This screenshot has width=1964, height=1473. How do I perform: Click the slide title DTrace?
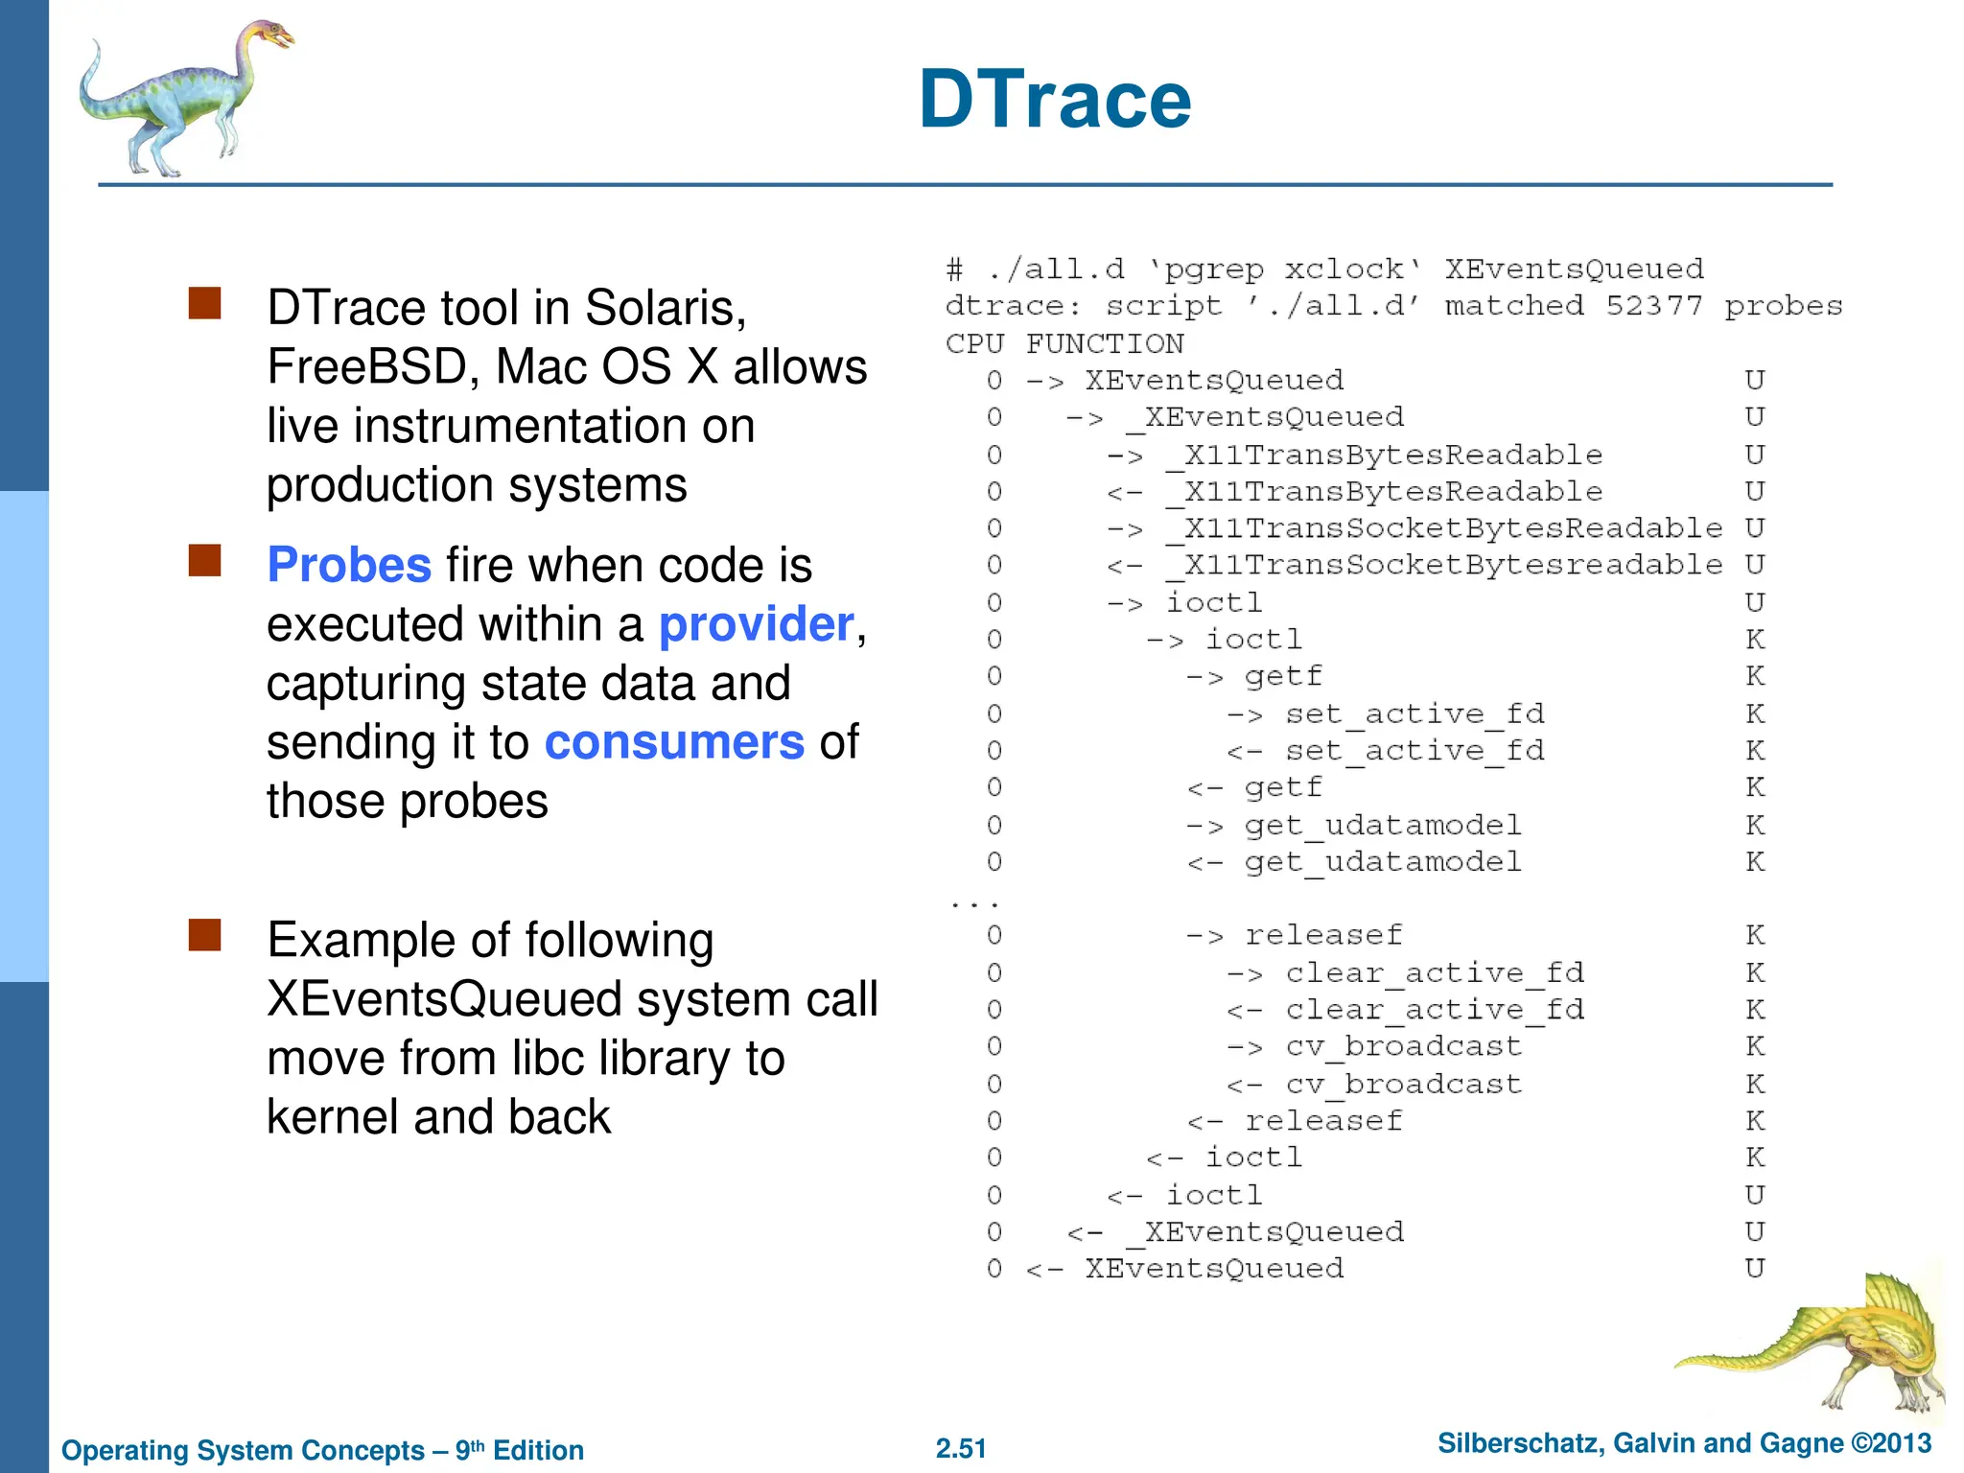(x=1055, y=100)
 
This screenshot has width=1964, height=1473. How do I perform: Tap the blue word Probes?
(x=349, y=565)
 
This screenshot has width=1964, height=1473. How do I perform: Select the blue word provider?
(x=756, y=624)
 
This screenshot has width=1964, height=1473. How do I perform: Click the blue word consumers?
(x=674, y=742)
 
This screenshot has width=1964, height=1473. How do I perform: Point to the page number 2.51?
(x=961, y=1448)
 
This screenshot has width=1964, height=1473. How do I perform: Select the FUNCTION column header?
(x=1105, y=343)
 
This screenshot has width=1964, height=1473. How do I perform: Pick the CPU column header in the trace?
(x=974, y=343)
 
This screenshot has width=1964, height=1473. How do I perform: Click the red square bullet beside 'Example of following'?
(x=205, y=935)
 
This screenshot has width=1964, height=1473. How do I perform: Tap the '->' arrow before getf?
(x=1204, y=677)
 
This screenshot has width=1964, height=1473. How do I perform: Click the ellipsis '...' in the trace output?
(x=974, y=902)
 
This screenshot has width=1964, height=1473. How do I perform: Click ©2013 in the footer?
(x=1891, y=1443)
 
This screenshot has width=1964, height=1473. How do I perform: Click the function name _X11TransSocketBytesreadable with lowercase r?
(x=1444, y=565)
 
